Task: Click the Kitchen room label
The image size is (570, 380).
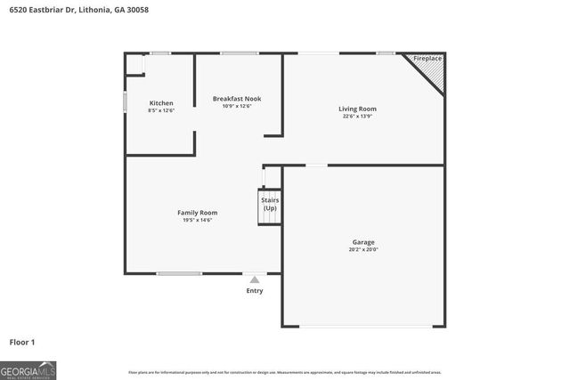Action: pos(161,103)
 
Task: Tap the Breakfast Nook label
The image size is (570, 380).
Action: pos(237,98)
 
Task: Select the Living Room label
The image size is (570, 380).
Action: pos(357,109)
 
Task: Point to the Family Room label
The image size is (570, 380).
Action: pos(198,213)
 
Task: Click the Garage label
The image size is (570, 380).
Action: pos(362,242)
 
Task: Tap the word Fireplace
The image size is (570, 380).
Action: pos(427,59)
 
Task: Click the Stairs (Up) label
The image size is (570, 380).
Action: pos(270,205)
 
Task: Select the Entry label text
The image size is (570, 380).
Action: pos(255,291)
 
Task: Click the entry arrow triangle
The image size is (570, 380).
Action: pos(255,279)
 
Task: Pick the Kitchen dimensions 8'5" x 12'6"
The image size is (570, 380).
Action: pos(161,111)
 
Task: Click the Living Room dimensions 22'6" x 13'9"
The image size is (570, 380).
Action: pos(357,117)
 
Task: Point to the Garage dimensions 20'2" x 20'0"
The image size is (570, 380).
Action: pos(362,250)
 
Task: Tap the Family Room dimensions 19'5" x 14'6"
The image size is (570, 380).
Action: pos(198,220)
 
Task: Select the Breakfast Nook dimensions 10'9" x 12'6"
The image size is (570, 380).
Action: pos(237,106)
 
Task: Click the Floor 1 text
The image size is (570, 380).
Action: pos(22,342)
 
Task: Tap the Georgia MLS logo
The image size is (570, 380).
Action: pos(28,369)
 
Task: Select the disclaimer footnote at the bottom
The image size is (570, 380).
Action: pos(285,372)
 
